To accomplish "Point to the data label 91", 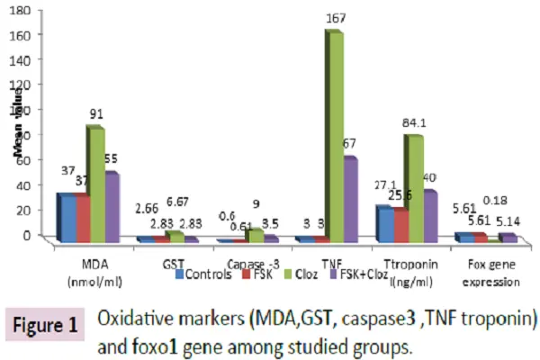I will coord(95,114).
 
